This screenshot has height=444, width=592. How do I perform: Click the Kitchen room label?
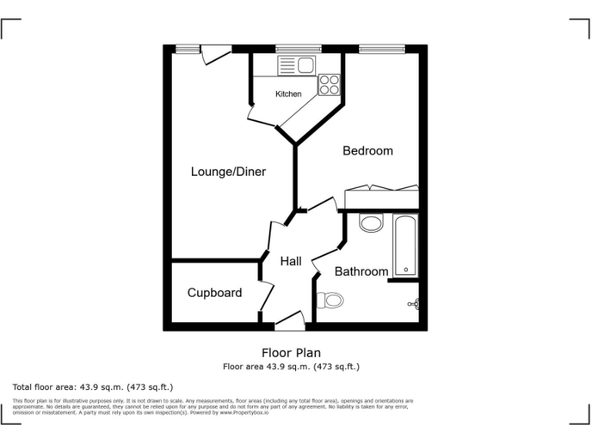288,94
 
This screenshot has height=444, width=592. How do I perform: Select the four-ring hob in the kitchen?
328,84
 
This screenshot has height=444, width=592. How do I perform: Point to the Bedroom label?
368,151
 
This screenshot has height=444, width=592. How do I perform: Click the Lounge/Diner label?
228,172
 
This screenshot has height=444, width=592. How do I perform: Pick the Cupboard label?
214,293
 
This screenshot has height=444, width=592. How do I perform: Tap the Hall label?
291,262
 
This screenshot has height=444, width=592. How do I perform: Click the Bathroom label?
361,271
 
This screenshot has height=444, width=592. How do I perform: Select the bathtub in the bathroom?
405,247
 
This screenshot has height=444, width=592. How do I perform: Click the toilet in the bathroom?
329,300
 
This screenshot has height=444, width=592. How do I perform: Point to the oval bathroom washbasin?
372,224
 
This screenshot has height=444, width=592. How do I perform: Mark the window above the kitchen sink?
298,49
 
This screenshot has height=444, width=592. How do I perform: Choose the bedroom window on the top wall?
382,49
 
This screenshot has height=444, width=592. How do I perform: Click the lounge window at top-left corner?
186,49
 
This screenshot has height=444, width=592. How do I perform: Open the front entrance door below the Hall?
289,318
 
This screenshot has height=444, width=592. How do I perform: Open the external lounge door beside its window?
215,54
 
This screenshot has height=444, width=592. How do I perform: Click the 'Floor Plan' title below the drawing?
291,353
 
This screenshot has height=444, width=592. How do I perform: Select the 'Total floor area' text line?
92,387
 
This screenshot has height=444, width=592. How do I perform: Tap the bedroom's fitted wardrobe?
381,198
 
